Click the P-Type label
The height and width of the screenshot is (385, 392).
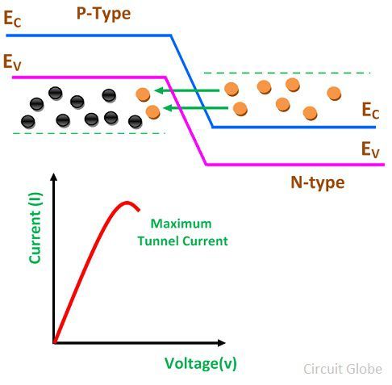(x=103, y=14)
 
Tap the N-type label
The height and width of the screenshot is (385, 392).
(x=318, y=183)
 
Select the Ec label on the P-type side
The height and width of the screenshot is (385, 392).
(x=12, y=19)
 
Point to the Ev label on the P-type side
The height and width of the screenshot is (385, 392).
(x=12, y=62)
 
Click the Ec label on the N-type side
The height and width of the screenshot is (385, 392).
(x=370, y=111)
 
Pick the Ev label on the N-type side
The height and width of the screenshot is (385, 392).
(x=370, y=149)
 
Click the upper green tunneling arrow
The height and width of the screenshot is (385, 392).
(x=187, y=90)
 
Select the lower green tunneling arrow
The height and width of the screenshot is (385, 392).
(x=196, y=108)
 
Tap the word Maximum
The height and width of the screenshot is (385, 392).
(x=181, y=224)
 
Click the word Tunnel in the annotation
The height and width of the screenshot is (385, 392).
(x=154, y=241)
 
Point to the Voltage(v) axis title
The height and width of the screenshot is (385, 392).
(x=201, y=364)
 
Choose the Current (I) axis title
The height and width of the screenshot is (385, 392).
(x=35, y=228)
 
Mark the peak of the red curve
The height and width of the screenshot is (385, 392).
(x=127, y=203)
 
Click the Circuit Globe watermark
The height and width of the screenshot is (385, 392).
(x=343, y=369)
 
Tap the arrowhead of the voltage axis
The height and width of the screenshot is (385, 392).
(x=222, y=343)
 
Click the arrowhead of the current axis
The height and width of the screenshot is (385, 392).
(x=54, y=177)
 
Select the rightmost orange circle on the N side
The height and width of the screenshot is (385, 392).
(x=334, y=94)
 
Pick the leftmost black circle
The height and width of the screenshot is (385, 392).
(x=28, y=122)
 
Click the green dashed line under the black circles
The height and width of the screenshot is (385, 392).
(x=89, y=133)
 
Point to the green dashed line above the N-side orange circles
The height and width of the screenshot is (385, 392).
(x=287, y=73)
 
